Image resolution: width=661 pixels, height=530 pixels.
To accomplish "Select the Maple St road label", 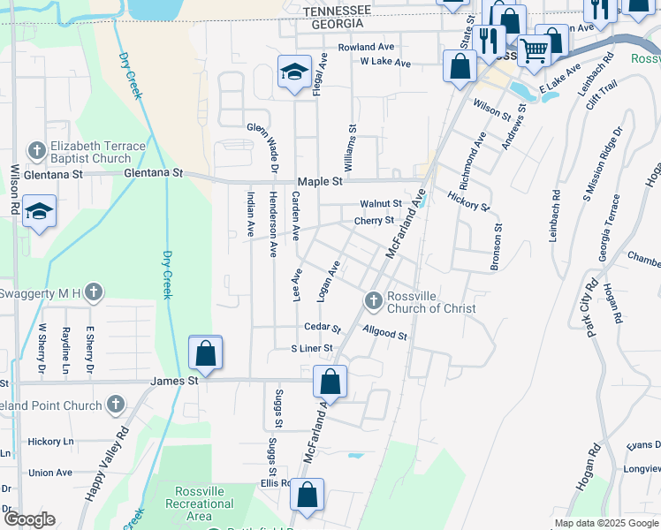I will tap(319, 181).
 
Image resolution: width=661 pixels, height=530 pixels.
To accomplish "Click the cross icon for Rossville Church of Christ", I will tap(373, 302).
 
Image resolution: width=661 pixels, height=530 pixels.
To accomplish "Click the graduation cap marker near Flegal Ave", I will tap(294, 72).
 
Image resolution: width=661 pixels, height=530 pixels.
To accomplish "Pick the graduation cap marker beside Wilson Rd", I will tap(39, 212).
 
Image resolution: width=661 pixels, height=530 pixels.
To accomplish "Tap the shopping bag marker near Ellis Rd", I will tap(308, 496).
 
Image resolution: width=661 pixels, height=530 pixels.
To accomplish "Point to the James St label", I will tap(174, 380).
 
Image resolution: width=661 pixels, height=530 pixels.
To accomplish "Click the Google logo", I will tap(29, 519).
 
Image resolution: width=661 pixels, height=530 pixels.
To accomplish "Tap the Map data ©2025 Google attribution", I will tap(605, 523).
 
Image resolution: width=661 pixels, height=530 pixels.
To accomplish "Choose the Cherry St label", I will tap(374, 220).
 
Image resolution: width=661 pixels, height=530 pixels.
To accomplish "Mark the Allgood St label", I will tap(384, 334).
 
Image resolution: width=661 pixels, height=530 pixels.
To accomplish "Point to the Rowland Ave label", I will tap(365, 47).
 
